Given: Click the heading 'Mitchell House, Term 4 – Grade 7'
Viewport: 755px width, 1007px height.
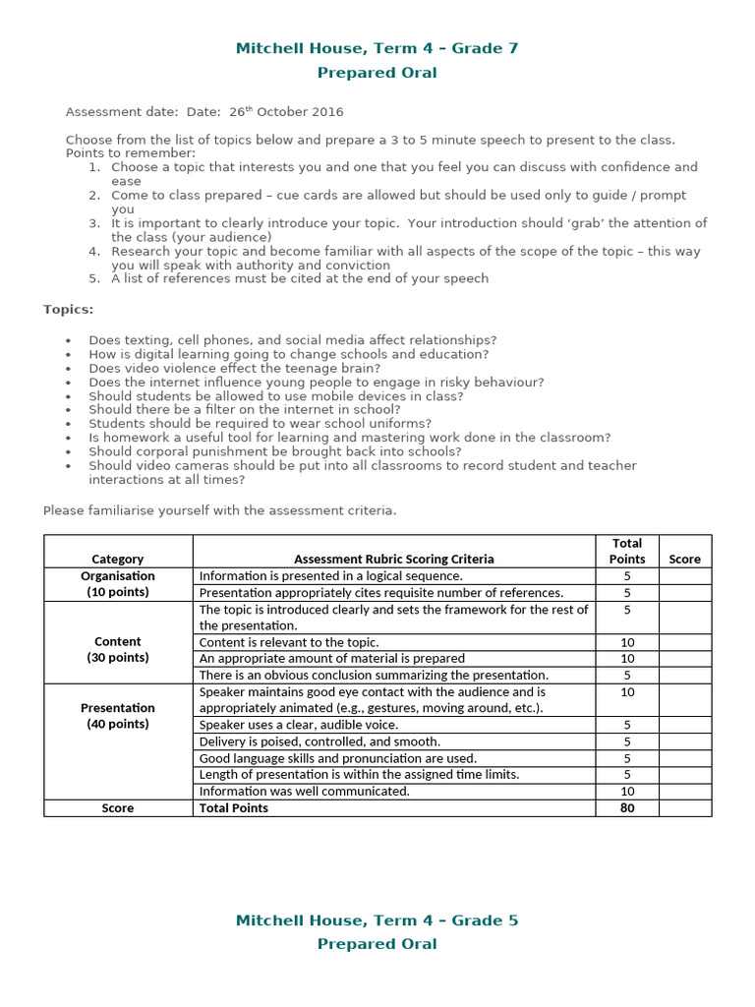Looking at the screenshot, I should pos(377,48).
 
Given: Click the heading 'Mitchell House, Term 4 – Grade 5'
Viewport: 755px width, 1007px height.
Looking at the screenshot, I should pos(377,920).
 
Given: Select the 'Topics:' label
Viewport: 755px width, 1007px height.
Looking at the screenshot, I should pos(69,310).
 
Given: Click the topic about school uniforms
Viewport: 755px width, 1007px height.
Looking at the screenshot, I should pos(260,424).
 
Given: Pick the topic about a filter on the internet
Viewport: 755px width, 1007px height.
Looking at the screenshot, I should pos(244,409).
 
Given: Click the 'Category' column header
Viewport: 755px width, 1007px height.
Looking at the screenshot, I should pos(118,559).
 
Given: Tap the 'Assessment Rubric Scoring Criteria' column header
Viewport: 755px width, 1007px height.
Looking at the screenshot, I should pos(393,559).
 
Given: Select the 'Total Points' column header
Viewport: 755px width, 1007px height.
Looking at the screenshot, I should pos(627,551).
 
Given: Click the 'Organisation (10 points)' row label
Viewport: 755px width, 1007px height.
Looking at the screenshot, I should pos(118,584).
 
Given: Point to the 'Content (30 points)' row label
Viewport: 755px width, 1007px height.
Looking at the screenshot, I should pos(118,649).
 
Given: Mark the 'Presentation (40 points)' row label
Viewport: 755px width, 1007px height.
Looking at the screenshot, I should pos(118,716).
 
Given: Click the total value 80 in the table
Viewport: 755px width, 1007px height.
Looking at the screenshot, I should pos(627,808).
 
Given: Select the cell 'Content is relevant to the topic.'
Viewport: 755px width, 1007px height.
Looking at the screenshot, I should pos(289,642).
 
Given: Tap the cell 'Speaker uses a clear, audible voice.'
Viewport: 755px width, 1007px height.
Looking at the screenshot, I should pos(299,725).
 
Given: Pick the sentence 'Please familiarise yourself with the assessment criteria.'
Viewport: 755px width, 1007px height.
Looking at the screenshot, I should pos(219,510).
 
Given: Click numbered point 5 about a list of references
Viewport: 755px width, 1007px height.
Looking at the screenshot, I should pos(299,278).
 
